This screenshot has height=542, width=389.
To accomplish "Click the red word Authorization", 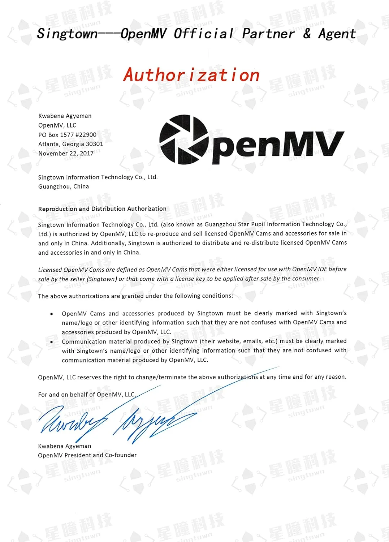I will [x=191, y=75].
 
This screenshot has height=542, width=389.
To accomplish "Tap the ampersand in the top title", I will [x=307, y=34].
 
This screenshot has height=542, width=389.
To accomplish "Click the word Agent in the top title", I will [x=337, y=34].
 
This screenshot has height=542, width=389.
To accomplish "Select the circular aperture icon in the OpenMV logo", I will [x=183, y=139].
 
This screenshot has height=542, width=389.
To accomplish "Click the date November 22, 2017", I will [x=66, y=154].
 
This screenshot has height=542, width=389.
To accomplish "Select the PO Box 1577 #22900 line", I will [x=67, y=135].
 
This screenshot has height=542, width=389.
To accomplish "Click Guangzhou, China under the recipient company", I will [x=64, y=186].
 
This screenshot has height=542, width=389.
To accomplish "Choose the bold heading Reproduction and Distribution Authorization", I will [x=102, y=209].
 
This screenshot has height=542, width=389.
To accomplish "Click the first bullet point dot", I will [x=52, y=314].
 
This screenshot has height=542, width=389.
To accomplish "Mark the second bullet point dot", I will [x=52, y=342].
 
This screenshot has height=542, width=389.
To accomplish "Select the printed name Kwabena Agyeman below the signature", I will [x=64, y=446].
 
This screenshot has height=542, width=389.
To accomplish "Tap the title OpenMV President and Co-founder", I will [x=87, y=455].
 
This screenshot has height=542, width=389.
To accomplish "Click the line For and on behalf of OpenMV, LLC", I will [x=87, y=395].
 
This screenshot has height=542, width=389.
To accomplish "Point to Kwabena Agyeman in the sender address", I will [x=65, y=116].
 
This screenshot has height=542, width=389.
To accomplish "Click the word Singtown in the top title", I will [x=67, y=34].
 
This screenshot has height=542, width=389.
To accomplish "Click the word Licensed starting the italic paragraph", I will [x=50, y=270].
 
